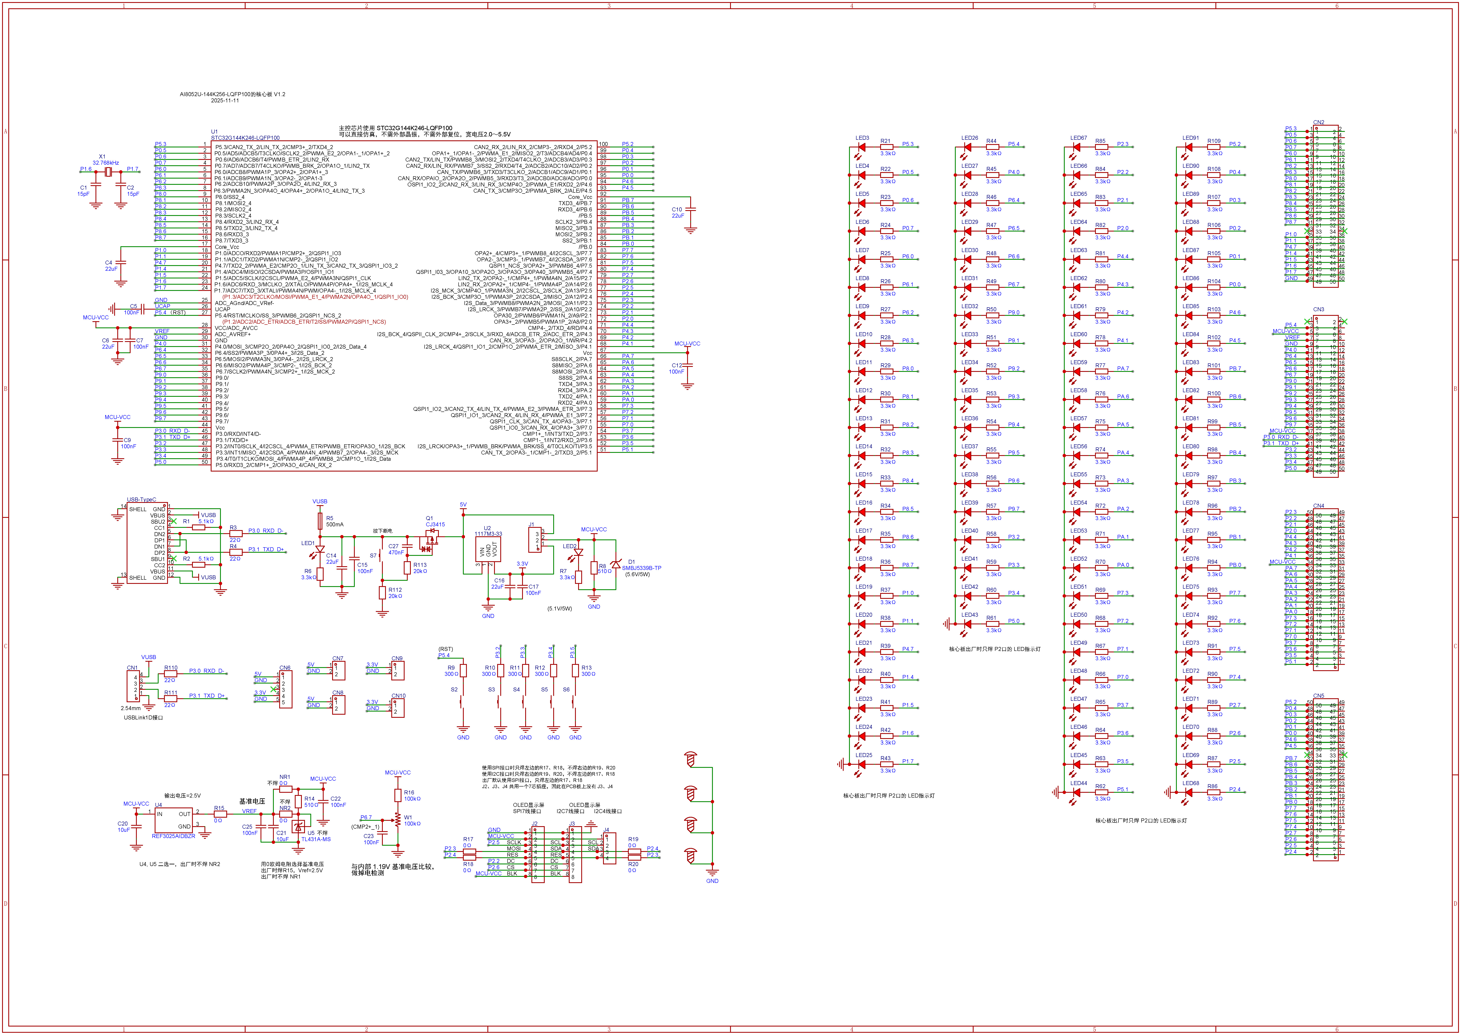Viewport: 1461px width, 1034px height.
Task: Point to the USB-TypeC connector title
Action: (x=141, y=500)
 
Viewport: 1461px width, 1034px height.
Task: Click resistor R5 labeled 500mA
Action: (x=320, y=522)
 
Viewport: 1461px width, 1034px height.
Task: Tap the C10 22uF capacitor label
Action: (x=677, y=213)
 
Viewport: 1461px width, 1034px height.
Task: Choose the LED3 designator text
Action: (x=862, y=138)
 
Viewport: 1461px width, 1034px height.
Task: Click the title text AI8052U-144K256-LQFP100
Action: (x=232, y=94)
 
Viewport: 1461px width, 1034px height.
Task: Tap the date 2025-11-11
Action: (x=225, y=101)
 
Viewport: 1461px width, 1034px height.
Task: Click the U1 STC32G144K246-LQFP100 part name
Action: (x=245, y=137)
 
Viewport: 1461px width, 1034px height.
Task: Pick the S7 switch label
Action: (x=373, y=555)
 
